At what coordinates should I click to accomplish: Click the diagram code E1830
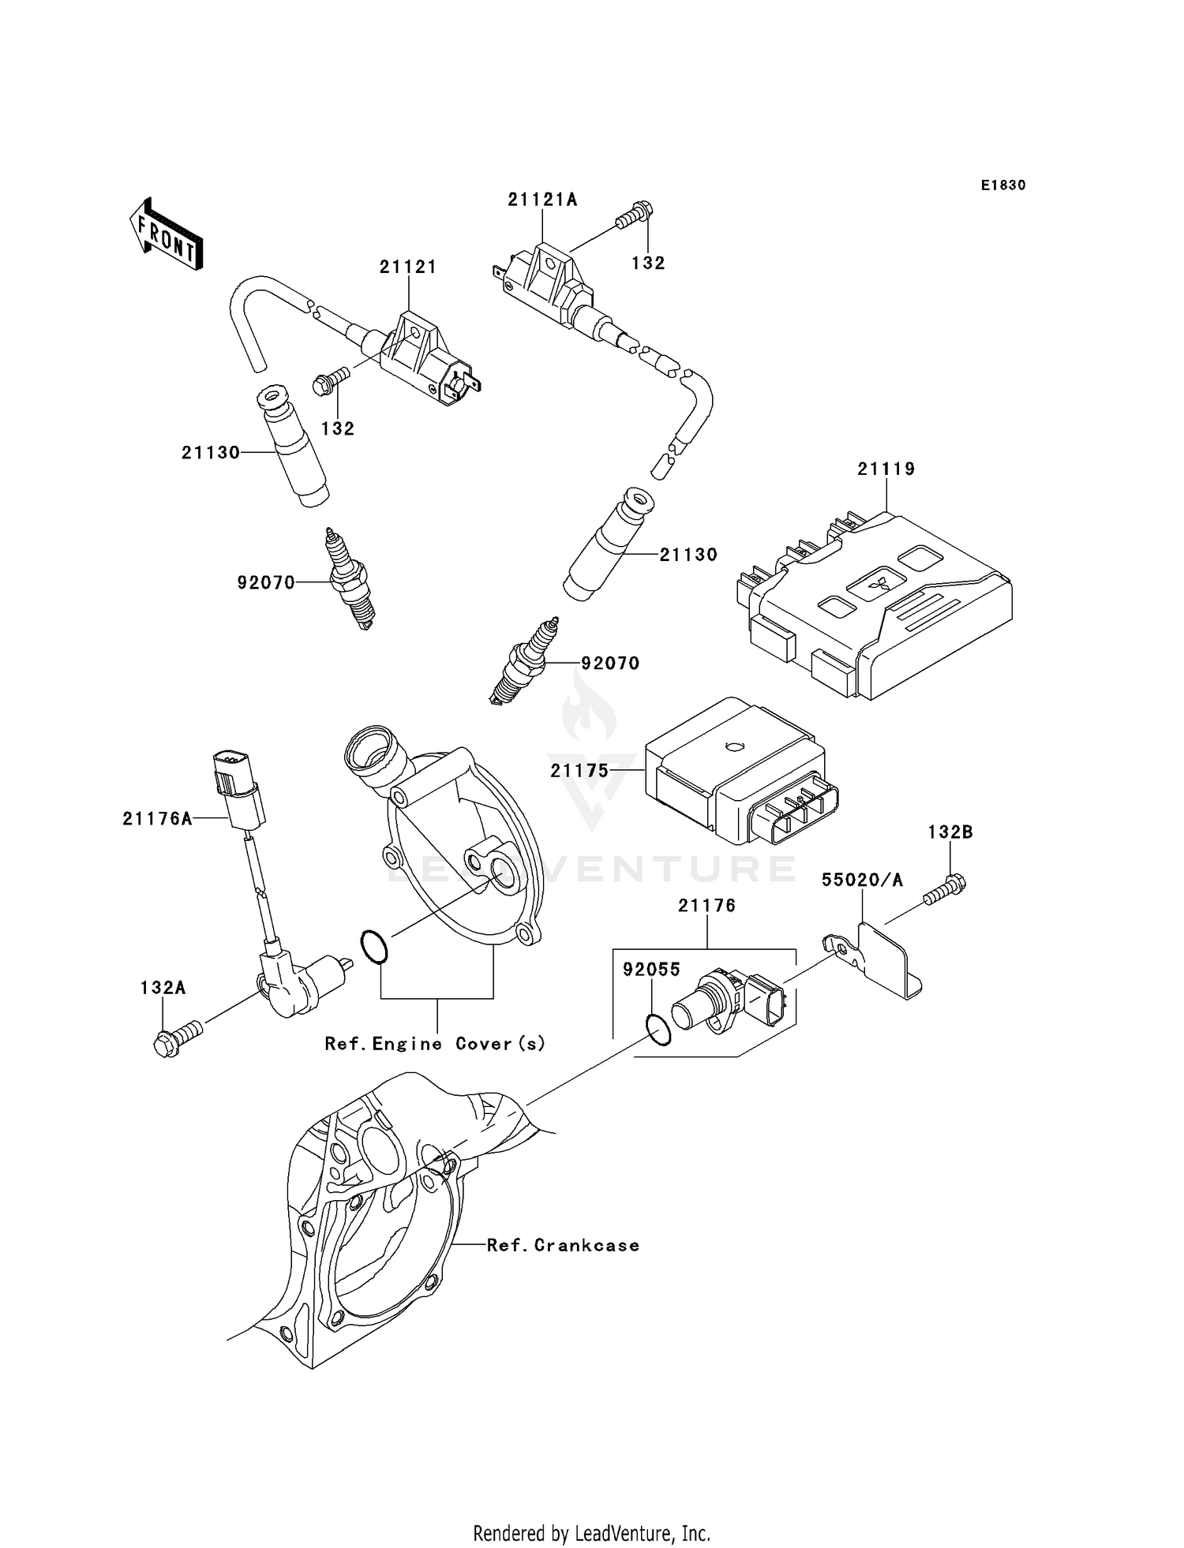coord(1003,185)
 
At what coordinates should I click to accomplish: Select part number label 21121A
coord(542,200)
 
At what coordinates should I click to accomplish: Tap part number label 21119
coord(886,469)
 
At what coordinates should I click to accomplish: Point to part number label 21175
coord(580,771)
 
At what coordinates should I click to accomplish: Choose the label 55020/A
coord(862,880)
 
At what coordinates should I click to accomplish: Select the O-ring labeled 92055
coord(658,1030)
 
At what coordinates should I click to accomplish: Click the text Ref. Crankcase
coord(563,1245)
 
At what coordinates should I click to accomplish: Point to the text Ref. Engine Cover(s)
coord(435,1044)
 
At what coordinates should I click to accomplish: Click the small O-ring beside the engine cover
coord(374,947)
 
